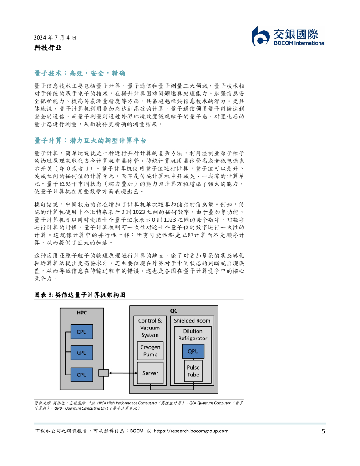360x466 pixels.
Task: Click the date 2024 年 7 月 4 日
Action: click(x=55, y=37)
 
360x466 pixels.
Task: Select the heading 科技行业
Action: click(x=48, y=47)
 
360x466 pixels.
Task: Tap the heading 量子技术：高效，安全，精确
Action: click(x=80, y=73)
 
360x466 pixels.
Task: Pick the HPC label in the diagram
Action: click(x=81, y=313)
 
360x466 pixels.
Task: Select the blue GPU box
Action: click(x=81, y=353)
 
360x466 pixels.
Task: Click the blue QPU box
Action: click(x=193, y=351)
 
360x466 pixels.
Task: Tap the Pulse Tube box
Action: click(x=193, y=371)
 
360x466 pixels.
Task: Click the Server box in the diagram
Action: click(x=150, y=373)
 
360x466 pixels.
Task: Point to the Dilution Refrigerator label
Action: click(x=193, y=335)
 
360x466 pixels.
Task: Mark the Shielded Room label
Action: click(x=193, y=321)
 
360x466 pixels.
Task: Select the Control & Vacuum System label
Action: click(x=150, y=328)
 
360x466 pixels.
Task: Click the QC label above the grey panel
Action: click(x=174, y=311)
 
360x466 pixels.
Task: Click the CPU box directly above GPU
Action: click(x=81, y=332)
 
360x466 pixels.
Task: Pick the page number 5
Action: click(x=323, y=431)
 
